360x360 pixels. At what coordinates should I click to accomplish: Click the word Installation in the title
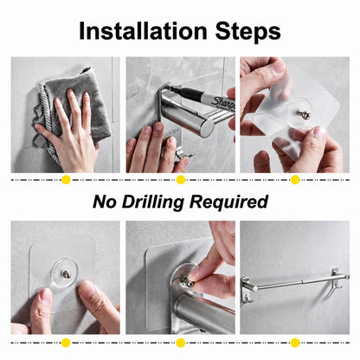[x=144, y=31]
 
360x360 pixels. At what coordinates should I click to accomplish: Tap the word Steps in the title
[x=247, y=32]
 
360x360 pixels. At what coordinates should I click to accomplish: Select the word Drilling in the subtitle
[x=153, y=202]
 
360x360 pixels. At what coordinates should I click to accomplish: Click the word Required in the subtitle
[x=229, y=202]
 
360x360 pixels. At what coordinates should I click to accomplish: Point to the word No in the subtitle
[x=105, y=202]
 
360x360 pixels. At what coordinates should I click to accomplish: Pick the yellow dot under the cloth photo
[x=66, y=180]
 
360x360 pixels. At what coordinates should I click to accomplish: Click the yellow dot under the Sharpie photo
[x=181, y=180]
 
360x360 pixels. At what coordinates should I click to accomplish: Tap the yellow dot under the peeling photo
[x=295, y=180]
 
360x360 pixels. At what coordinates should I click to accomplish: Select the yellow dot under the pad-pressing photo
[x=66, y=343]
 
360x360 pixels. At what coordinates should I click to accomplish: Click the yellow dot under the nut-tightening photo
[x=181, y=343]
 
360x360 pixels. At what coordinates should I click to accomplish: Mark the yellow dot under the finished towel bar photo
[x=295, y=343]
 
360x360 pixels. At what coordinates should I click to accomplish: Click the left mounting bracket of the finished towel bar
[x=247, y=288]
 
